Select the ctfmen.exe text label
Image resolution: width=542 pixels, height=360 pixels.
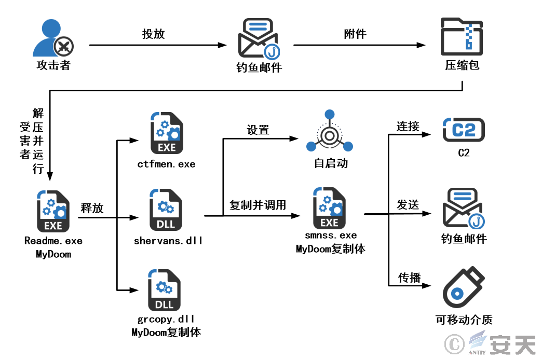coord(166,164)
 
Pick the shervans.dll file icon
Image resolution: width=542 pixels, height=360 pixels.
coord(166,211)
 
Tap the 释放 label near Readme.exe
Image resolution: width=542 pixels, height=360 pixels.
coord(92,209)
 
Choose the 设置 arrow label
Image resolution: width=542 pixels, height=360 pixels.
coord(258,130)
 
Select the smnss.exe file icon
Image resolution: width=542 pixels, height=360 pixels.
coord(330,210)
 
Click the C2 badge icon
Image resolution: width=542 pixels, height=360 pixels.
coord(463,130)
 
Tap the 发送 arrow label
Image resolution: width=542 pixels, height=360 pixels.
coord(408,204)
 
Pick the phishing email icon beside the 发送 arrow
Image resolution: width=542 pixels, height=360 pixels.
coord(463,209)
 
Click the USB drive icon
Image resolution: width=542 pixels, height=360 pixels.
coord(463,288)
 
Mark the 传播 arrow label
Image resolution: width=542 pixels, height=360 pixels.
coord(408,276)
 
